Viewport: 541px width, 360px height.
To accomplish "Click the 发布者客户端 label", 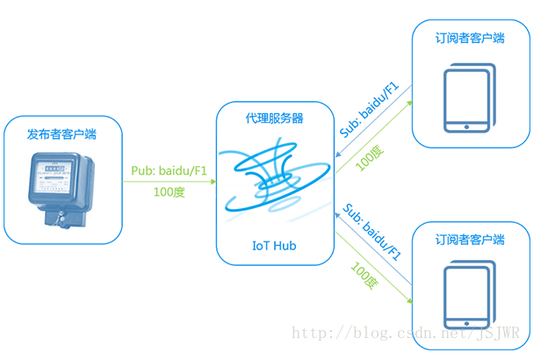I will pos(61,134).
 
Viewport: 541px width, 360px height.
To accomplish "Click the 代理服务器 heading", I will pos(275,119).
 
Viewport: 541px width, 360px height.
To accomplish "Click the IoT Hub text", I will pos(275,246).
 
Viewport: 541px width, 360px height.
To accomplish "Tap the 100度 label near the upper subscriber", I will pos(369,157).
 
